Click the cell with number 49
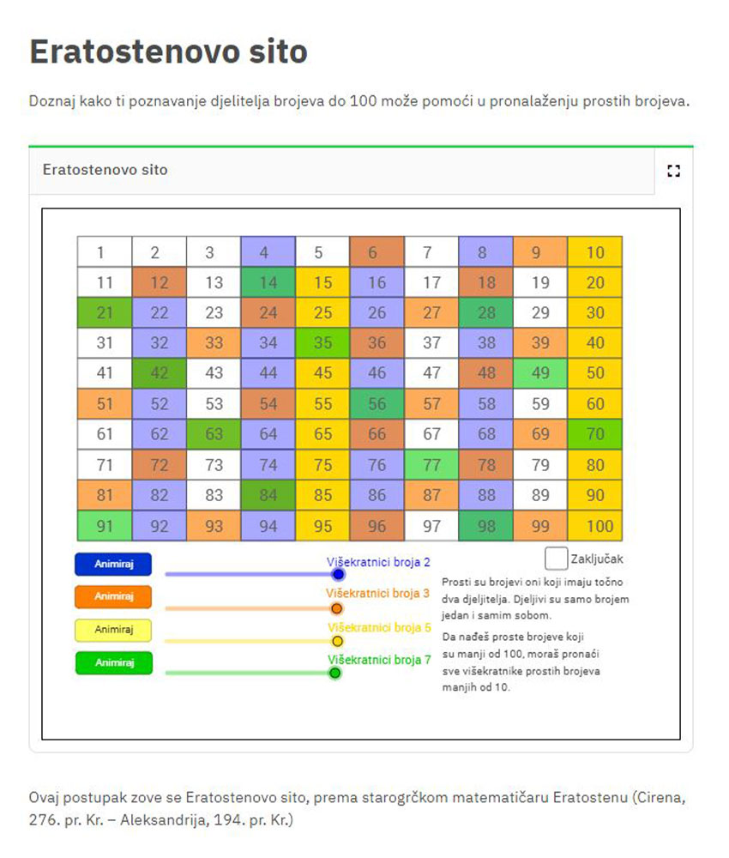pyautogui.click(x=540, y=373)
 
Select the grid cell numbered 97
pyautogui.click(x=431, y=526)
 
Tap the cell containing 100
pyautogui.click(x=595, y=526)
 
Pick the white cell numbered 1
pyautogui.click(x=105, y=251)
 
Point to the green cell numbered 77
pyautogui.click(x=431, y=464)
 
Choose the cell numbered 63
pyautogui.click(x=214, y=434)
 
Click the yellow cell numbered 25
pyautogui.click(x=322, y=312)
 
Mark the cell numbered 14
pyautogui.click(x=268, y=282)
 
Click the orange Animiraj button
pyautogui.click(x=113, y=596)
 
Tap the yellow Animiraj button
pyautogui.click(x=113, y=630)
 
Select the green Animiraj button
pyautogui.click(x=114, y=662)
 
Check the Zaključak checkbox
pyautogui.click(x=556, y=559)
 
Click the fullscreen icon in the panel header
pyautogui.click(x=674, y=171)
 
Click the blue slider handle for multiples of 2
pyautogui.click(x=339, y=574)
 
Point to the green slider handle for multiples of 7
pyautogui.click(x=335, y=673)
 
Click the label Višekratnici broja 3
pyautogui.click(x=378, y=593)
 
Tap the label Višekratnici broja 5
pyautogui.click(x=380, y=627)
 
